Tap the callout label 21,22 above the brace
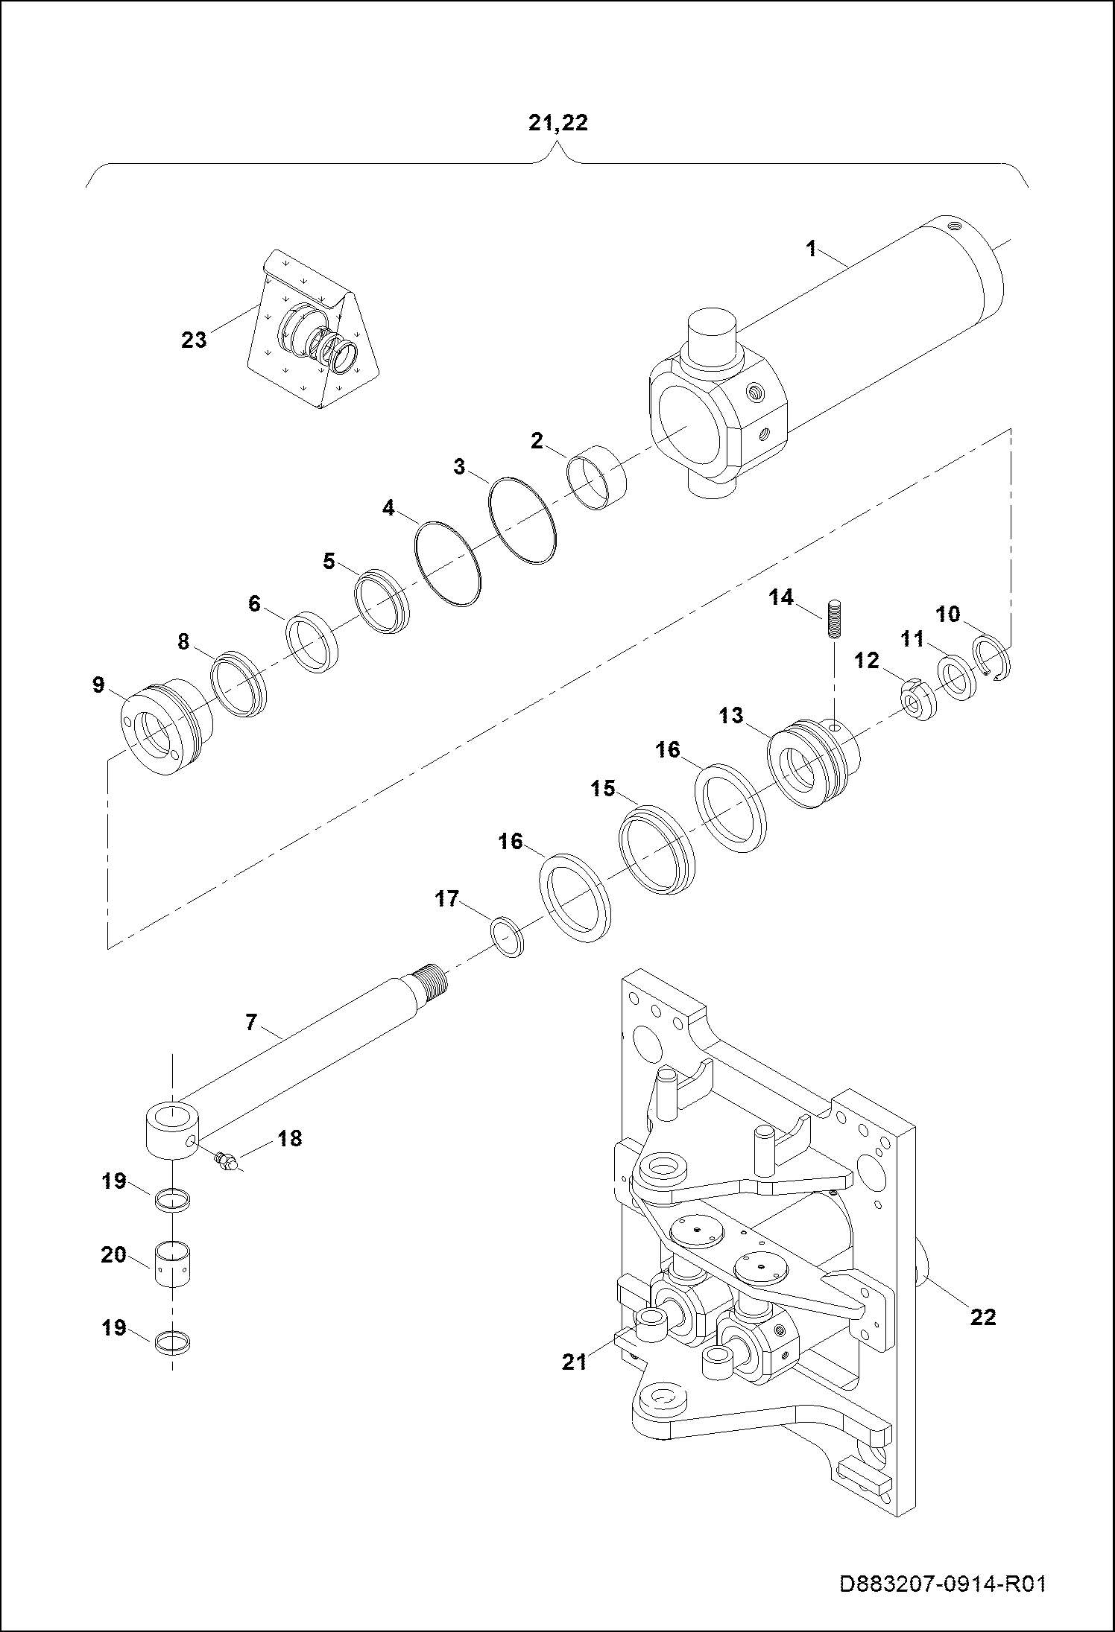(557, 124)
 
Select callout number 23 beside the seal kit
(194, 340)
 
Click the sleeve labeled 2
(597, 477)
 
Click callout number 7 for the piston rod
(251, 1023)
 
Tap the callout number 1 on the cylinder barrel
(812, 249)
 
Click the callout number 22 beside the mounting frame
(983, 1317)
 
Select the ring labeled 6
(313, 641)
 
